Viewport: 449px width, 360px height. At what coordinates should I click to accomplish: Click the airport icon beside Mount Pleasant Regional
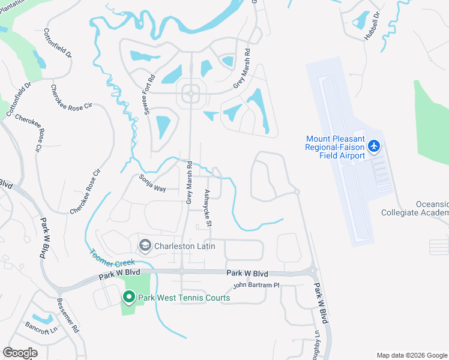click(x=374, y=145)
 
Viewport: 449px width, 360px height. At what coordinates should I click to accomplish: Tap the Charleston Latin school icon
click(x=145, y=245)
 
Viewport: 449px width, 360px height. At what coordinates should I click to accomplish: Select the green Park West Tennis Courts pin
click(x=128, y=297)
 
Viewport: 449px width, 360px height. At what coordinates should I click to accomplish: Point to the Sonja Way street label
click(x=152, y=181)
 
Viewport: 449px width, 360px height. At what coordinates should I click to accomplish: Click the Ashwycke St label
click(x=208, y=208)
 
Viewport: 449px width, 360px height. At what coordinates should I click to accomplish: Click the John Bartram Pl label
click(x=256, y=285)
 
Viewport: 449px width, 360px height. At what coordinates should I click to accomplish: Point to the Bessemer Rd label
click(x=67, y=316)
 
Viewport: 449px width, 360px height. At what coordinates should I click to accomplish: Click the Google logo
click(x=20, y=353)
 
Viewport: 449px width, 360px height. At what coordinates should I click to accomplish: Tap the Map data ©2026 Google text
click(x=411, y=355)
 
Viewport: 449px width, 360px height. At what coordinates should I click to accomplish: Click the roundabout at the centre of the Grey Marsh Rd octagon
click(x=191, y=94)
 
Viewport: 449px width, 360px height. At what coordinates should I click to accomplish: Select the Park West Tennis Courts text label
click(x=184, y=298)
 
